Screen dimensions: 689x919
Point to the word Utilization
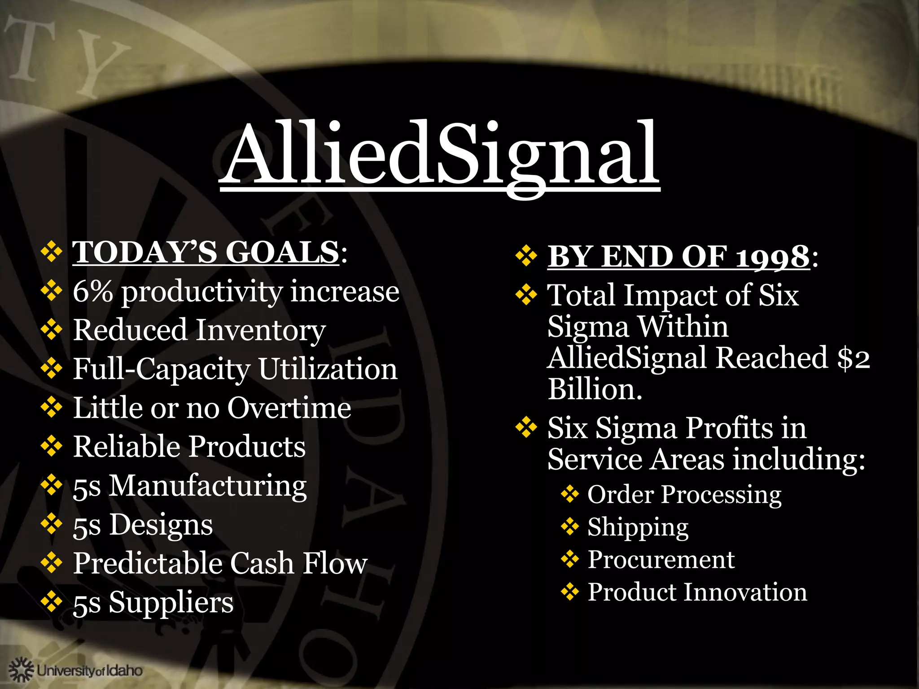(328, 370)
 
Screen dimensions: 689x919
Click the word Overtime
(289, 408)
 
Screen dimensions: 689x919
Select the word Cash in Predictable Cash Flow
(262, 563)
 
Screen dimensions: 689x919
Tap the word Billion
(595, 389)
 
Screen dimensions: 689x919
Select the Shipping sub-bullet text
(638, 528)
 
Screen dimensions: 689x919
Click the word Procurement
(661, 560)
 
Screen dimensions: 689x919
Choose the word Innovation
(745, 592)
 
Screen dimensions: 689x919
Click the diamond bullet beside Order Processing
(569, 495)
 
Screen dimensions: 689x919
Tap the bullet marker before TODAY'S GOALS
(52, 252)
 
